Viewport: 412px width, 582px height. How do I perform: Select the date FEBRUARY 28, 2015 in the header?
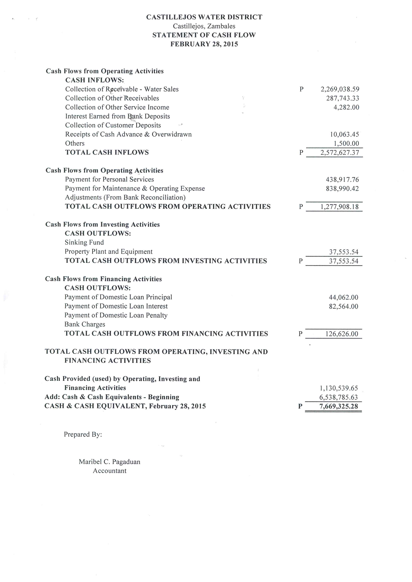(204, 44)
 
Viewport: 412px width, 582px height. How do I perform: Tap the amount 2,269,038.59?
(340, 89)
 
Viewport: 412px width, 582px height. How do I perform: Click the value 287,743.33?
(343, 98)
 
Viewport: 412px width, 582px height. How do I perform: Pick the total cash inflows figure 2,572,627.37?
(340, 153)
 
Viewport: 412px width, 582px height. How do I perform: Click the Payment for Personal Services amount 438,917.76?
(342, 180)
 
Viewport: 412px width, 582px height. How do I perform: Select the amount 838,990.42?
(342, 189)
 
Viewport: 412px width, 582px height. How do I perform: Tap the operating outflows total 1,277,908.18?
(339, 207)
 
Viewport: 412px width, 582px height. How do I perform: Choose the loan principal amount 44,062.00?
(344, 297)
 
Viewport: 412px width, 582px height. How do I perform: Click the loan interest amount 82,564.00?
(344, 307)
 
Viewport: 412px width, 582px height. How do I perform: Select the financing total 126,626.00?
(342, 334)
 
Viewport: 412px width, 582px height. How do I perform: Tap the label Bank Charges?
(85, 324)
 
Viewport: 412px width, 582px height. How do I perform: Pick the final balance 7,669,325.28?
(338, 406)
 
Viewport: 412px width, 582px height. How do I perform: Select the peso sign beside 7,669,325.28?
(300, 406)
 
